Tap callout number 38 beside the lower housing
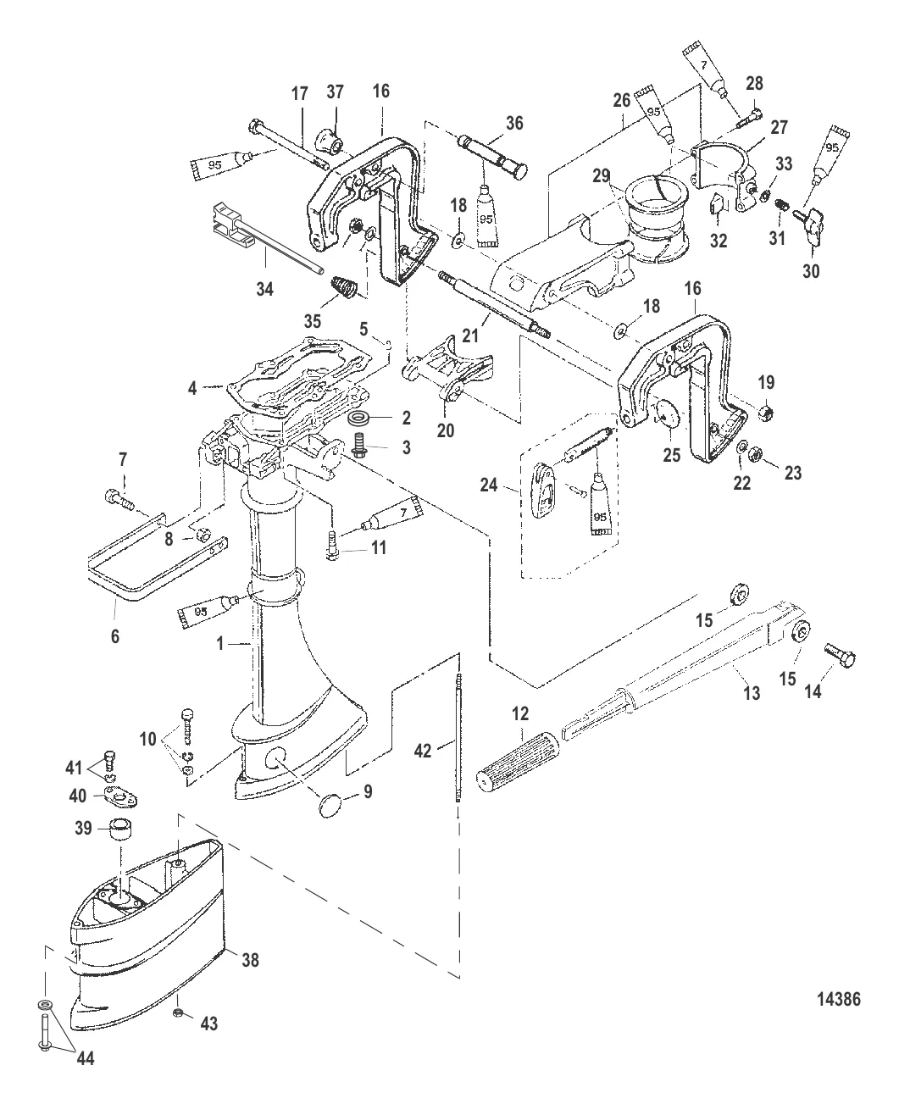point(250,960)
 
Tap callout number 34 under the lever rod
point(264,290)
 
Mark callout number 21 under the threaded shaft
point(480,319)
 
